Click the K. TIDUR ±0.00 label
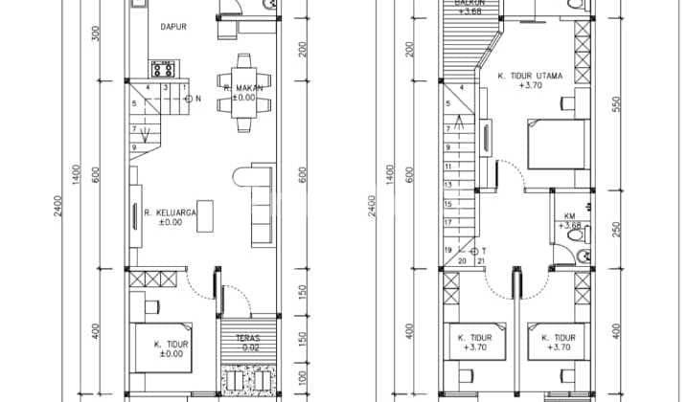pos(171,347)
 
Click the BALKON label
pos(470,7)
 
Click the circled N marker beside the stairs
pos(188,99)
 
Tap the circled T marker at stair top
pos(473,251)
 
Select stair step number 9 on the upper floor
pos(447,146)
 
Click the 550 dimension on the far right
pos(616,102)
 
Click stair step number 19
pos(447,251)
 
